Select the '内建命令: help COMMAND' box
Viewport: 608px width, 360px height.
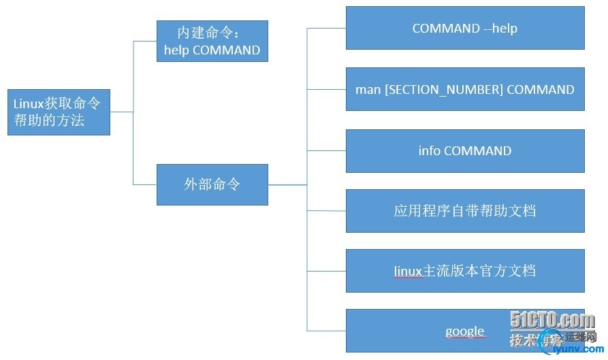click(x=212, y=41)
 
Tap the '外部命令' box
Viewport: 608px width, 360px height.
click(x=212, y=184)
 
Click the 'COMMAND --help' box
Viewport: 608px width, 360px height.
click(x=465, y=28)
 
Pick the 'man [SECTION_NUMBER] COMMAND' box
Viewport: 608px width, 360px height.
click(x=465, y=89)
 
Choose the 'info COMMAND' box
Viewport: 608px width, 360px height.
click(x=465, y=150)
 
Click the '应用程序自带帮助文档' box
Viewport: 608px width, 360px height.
click(x=465, y=211)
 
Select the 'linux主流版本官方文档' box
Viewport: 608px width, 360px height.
click(x=465, y=271)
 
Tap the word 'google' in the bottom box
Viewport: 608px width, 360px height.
click(x=464, y=331)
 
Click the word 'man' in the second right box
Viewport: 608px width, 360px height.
click(x=368, y=89)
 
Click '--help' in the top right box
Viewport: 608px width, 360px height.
click(x=500, y=28)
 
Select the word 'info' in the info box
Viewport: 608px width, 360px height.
click(x=430, y=150)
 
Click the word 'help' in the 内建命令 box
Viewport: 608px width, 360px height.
click(x=177, y=50)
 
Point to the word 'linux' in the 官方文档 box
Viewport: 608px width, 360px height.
click(x=409, y=271)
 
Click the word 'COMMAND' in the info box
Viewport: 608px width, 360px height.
click(x=477, y=150)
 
